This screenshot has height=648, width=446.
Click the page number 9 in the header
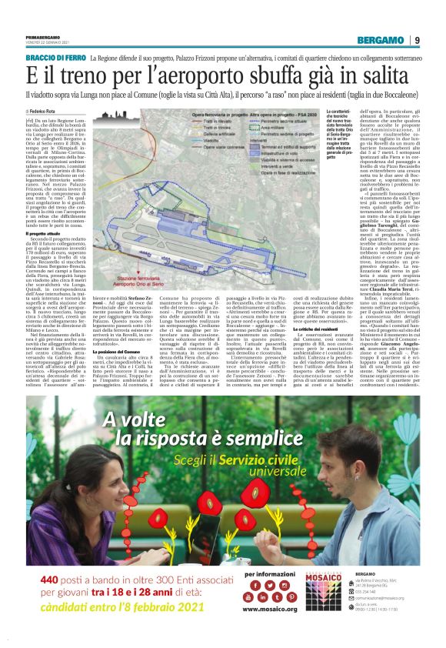(x=438, y=40)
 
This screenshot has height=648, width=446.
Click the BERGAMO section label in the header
(x=400, y=40)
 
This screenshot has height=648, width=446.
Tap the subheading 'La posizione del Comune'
(x=119, y=371)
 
